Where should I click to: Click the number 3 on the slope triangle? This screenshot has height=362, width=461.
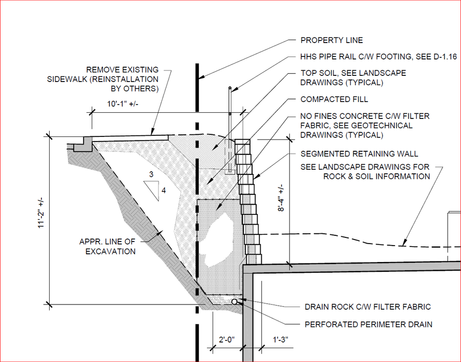pyautogui.click(x=151, y=175)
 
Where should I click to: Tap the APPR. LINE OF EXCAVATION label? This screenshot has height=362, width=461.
pyautogui.click(x=108, y=247)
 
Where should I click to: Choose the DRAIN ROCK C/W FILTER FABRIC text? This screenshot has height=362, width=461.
pyautogui.click(x=368, y=307)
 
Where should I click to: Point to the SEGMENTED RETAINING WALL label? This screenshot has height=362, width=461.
pyautogui.click(x=359, y=153)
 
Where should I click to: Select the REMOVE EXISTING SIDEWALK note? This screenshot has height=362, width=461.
pyautogui.click(x=122, y=79)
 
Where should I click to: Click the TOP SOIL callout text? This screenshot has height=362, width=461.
pyautogui.click(x=353, y=78)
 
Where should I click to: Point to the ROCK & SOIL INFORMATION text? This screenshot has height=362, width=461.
pyautogui.click(x=376, y=176)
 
